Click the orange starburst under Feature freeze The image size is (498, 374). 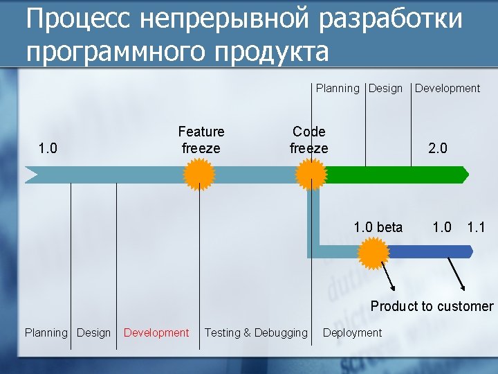200,174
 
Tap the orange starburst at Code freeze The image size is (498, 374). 311,174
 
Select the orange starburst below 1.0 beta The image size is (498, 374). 374,253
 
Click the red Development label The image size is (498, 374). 156,332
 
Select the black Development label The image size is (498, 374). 447,88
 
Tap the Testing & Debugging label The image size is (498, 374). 256,332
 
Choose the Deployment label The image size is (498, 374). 352,332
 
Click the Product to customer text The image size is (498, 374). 432,306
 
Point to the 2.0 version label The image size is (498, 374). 438,148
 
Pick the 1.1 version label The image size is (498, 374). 477,226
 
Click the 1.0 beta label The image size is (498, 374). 378,226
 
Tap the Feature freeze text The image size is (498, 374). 201,140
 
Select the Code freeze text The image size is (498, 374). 309,140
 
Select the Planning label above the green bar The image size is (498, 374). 338,88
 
